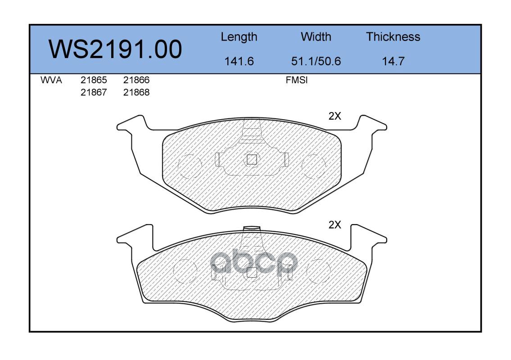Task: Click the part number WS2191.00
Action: click(115, 49)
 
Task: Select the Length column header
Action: click(239, 37)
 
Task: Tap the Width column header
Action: click(316, 36)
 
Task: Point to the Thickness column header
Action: click(393, 36)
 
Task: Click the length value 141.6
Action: click(239, 61)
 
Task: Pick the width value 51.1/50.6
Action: click(316, 61)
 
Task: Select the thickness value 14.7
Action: click(393, 61)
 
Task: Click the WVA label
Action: click(51, 80)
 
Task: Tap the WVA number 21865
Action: click(94, 80)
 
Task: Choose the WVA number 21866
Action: click(136, 80)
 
